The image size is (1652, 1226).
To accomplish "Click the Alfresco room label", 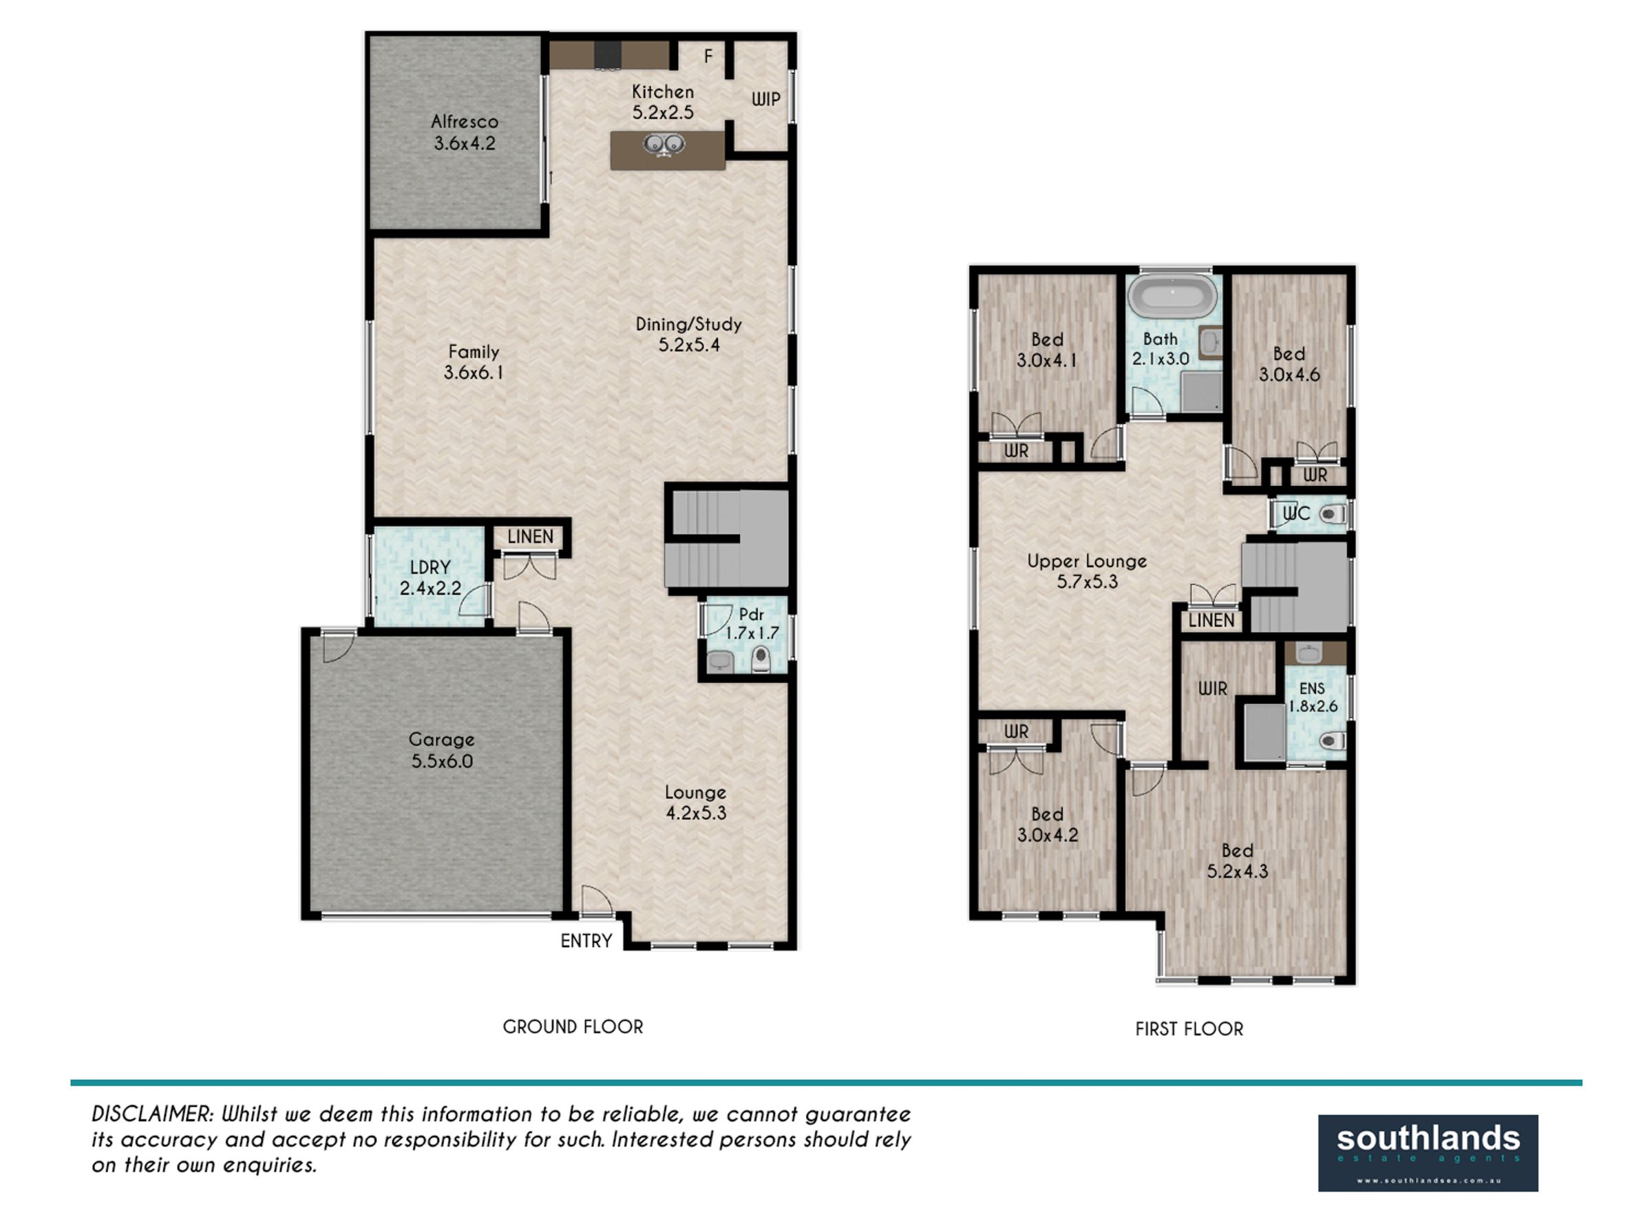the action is point(465,122).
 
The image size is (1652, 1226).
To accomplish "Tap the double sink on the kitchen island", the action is point(663,144).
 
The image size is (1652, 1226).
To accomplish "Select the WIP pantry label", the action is point(766,99).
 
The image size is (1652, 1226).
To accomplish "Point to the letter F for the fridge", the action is point(708,56).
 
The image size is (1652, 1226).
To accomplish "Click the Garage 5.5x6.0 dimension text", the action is point(443,761).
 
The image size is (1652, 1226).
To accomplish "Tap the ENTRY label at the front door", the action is point(586,941).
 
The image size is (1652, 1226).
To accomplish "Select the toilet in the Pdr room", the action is point(761,659).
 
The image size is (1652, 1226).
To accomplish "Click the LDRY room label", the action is point(430,568).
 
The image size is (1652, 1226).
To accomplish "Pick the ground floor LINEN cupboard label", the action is point(530,536).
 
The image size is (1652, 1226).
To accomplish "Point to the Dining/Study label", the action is point(689,324).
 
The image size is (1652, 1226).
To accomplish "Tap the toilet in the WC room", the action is point(1333,514).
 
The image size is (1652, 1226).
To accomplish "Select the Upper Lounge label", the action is point(1088,561).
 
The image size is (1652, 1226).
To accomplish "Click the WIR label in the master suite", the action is point(1213,688).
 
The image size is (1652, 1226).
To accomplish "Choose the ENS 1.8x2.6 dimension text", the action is point(1313,706).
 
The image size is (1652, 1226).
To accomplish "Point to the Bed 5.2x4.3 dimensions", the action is point(1237,871).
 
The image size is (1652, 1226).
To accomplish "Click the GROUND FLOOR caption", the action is point(573,1026).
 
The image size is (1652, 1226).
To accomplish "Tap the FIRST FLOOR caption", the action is point(1189,1028).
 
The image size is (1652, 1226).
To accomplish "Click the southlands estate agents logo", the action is point(1428,1153).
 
